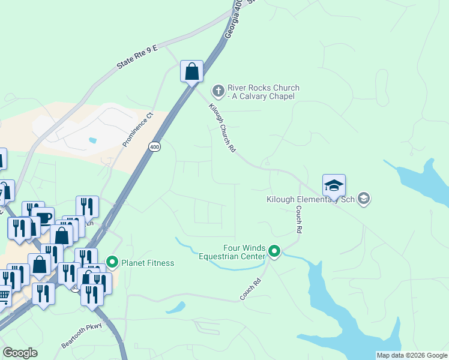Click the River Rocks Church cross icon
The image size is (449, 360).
point(218,91)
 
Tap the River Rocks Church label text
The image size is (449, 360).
point(263,92)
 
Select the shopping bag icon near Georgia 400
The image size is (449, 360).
point(191,72)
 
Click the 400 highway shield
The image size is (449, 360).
point(155,146)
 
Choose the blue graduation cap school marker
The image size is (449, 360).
point(334,185)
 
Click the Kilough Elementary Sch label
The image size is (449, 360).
point(310,199)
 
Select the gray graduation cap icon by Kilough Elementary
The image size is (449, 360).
point(363,198)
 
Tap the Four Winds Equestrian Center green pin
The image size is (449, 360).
point(274,251)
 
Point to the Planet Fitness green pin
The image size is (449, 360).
point(112,262)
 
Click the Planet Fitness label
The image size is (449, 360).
point(148,263)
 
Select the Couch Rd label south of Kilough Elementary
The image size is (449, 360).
point(298,220)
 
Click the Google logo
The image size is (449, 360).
point(20,353)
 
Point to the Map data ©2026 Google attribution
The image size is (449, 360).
point(412,355)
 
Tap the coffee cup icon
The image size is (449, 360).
point(44,218)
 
